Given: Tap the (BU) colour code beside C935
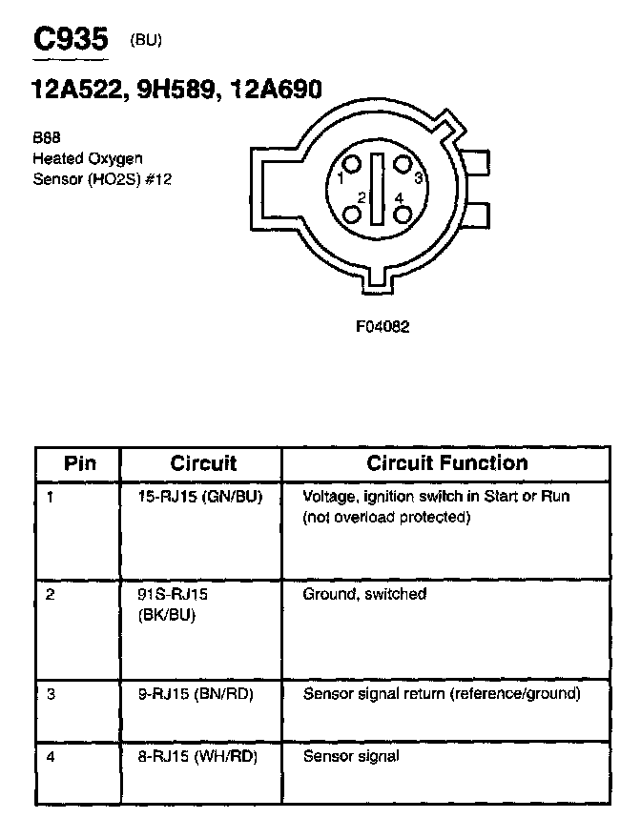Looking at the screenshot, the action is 146,40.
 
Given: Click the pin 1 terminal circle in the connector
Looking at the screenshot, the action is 354,165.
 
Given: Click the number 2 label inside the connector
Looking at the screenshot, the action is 361,197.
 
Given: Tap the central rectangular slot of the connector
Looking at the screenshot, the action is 378,189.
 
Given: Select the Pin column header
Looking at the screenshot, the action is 80,463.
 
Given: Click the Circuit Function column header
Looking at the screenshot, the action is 447,463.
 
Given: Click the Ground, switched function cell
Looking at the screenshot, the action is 364,594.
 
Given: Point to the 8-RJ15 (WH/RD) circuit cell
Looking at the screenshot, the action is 198,757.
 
